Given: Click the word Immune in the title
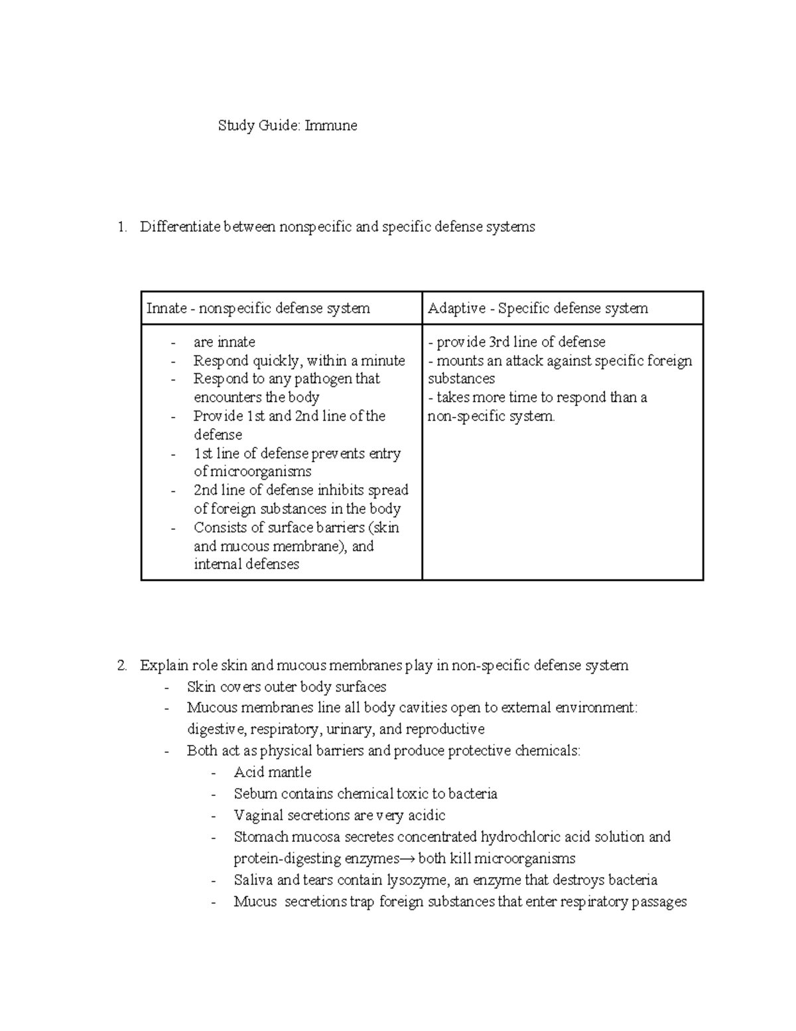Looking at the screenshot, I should [x=331, y=125].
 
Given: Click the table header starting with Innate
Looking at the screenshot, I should [x=258, y=308].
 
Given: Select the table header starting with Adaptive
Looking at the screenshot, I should [x=537, y=308].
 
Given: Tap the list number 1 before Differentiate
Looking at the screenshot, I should [x=121, y=227].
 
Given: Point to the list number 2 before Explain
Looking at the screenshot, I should [x=121, y=665].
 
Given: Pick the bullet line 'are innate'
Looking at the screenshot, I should [x=224, y=342].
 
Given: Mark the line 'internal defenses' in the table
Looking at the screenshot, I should [x=246, y=564].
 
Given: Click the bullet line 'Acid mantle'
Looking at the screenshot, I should [x=272, y=772].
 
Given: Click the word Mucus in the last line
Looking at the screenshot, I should [x=255, y=902].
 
